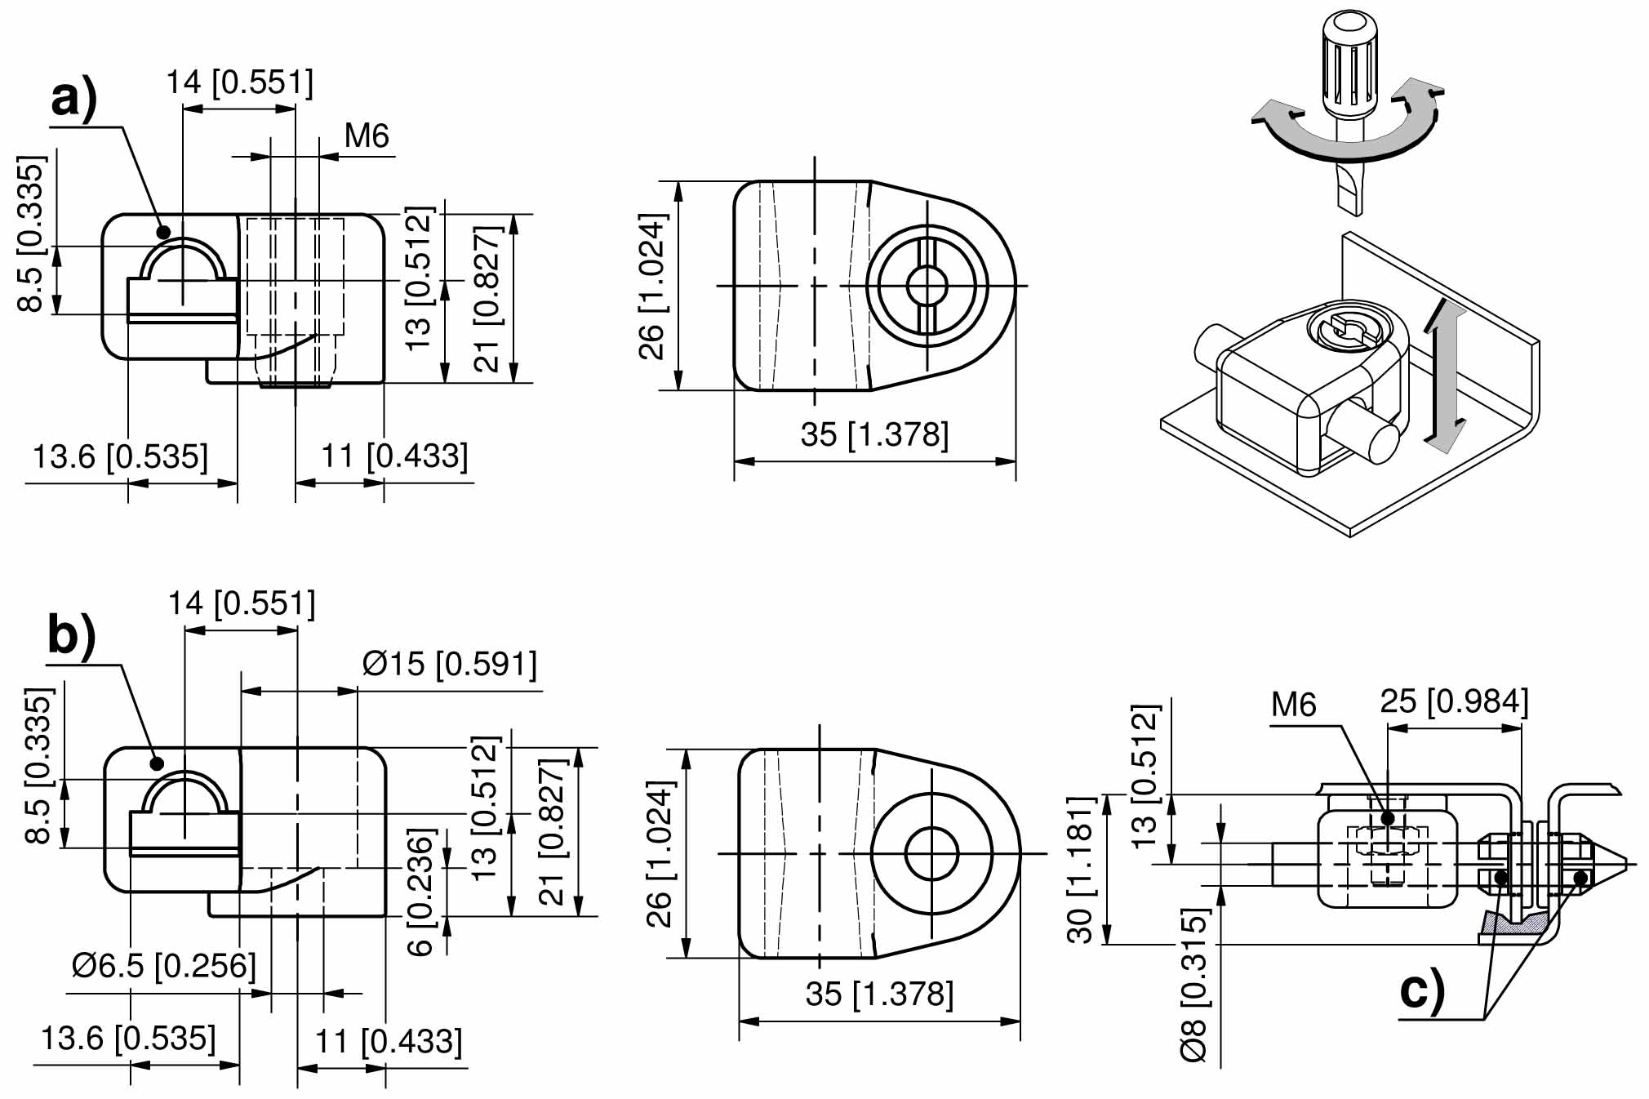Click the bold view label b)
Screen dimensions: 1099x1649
(x=72, y=635)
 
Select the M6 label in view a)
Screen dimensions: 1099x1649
(x=367, y=136)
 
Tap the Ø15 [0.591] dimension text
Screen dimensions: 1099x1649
(x=450, y=665)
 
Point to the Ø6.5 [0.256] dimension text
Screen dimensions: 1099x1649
(x=163, y=966)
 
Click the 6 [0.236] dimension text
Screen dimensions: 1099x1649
(x=420, y=892)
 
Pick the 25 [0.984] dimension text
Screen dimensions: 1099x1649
(x=1454, y=701)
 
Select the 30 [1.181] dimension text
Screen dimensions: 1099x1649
(x=1080, y=870)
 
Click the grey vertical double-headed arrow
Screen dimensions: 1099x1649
(x=1444, y=376)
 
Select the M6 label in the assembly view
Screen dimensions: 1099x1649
(x=1294, y=705)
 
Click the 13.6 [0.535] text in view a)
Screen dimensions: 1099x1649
(x=120, y=456)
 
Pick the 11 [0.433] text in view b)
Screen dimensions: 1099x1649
(x=389, y=1042)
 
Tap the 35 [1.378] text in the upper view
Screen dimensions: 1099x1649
(x=874, y=434)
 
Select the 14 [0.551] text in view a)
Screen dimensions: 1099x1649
(x=239, y=82)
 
